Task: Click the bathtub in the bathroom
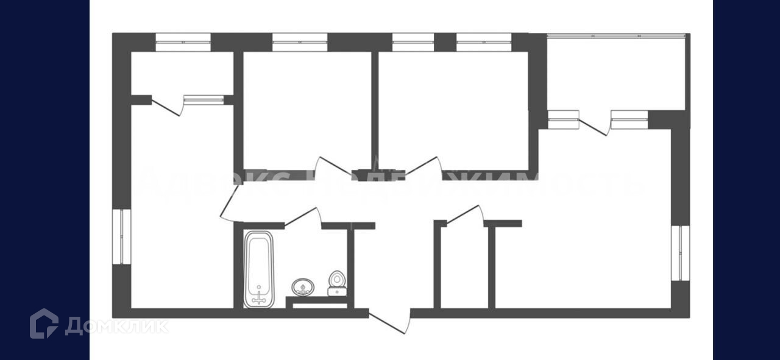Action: (x=260, y=269)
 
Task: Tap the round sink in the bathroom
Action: (x=303, y=286)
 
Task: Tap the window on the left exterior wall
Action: (x=122, y=237)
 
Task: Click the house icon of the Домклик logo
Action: (x=44, y=323)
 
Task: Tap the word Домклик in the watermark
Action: (x=116, y=326)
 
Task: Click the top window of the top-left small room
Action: (x=183, y=42)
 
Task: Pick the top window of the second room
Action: (x=299, y=42)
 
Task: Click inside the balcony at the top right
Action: (x=615, y=73)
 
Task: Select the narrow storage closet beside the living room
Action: (x=464, y=268)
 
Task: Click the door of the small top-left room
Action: (x=167, y=107)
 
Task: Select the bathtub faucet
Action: (x=260, y=297)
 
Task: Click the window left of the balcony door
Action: (x=563, y=119)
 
